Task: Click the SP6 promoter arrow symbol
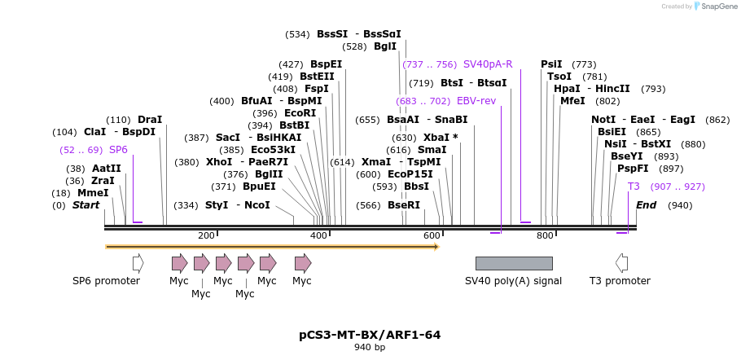138,263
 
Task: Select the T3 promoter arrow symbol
621,263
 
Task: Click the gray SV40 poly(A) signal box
514,263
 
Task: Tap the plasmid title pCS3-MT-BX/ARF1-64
370,335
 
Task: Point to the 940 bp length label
370,348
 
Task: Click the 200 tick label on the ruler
206,235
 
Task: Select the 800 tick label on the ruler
545,235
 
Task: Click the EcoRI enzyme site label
300,113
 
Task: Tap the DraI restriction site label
150,120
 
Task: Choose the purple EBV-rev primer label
476,101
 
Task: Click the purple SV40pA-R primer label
488,64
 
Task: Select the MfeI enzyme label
572,101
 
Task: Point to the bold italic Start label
85,205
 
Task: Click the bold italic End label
647,205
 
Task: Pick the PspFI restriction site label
633,169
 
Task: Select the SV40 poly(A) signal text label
514,281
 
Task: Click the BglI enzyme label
385,46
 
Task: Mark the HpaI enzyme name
567,89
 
